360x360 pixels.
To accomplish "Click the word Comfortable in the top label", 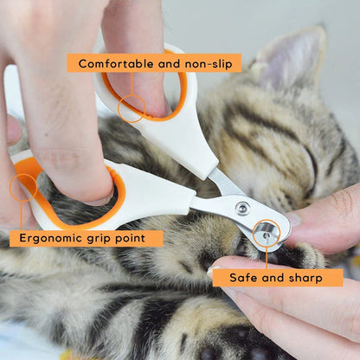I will click(117, 63).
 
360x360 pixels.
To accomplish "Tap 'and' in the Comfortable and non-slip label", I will click(168, 63).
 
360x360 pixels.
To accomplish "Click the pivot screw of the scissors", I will click(242, 208).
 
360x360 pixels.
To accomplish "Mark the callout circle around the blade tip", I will click(267, 231).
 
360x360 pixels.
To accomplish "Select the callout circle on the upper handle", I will click(132, 108).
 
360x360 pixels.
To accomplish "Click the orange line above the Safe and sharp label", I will click(267, 256).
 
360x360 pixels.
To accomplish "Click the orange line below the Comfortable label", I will click(132, 84).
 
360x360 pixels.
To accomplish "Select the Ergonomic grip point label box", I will click(86, 238).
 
